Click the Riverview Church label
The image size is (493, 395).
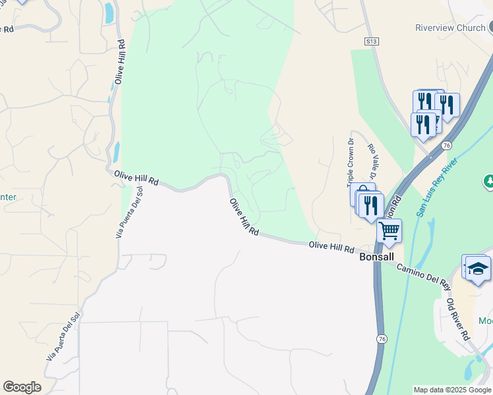click(450, 28)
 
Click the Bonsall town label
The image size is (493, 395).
click(376, 257)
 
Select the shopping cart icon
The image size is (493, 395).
click(389, 230)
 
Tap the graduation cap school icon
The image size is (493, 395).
click(478, 269)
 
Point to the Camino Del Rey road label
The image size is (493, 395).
click(422, 276)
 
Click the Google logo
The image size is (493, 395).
click(22, 387)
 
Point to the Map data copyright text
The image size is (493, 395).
click(452, 390)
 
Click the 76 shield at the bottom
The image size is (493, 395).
click(382, 338)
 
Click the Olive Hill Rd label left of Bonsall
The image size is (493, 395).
click(332, 248)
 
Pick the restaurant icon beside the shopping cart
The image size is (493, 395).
click(372, 205)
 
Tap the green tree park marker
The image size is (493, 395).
click(489, 180)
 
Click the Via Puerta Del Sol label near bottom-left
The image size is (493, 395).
click(63, 335)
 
